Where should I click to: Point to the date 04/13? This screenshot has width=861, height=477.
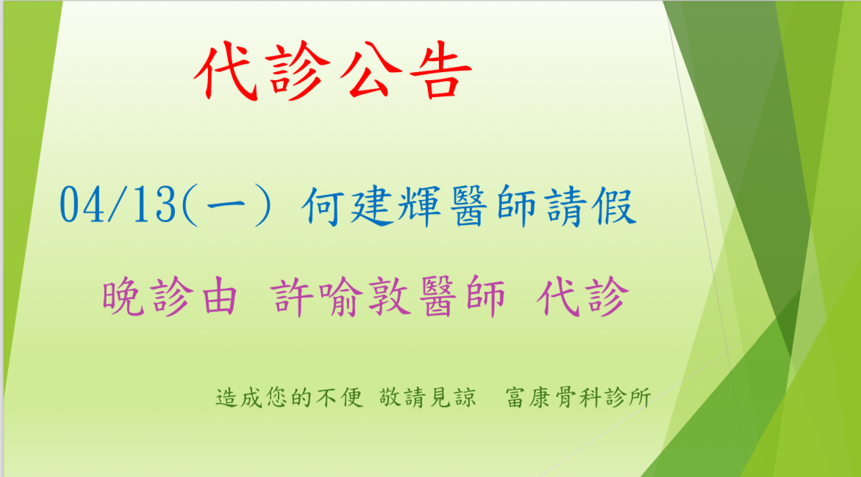point(118,205)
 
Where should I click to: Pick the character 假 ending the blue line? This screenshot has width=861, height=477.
point(615,207)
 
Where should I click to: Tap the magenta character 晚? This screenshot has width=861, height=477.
point(124,297)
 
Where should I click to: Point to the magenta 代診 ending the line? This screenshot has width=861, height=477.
point(582,297)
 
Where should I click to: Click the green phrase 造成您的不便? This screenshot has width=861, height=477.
point(289,398)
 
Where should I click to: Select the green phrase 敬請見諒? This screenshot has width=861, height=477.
point(427,398)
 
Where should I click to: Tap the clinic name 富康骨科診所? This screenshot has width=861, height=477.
point(578,398)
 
